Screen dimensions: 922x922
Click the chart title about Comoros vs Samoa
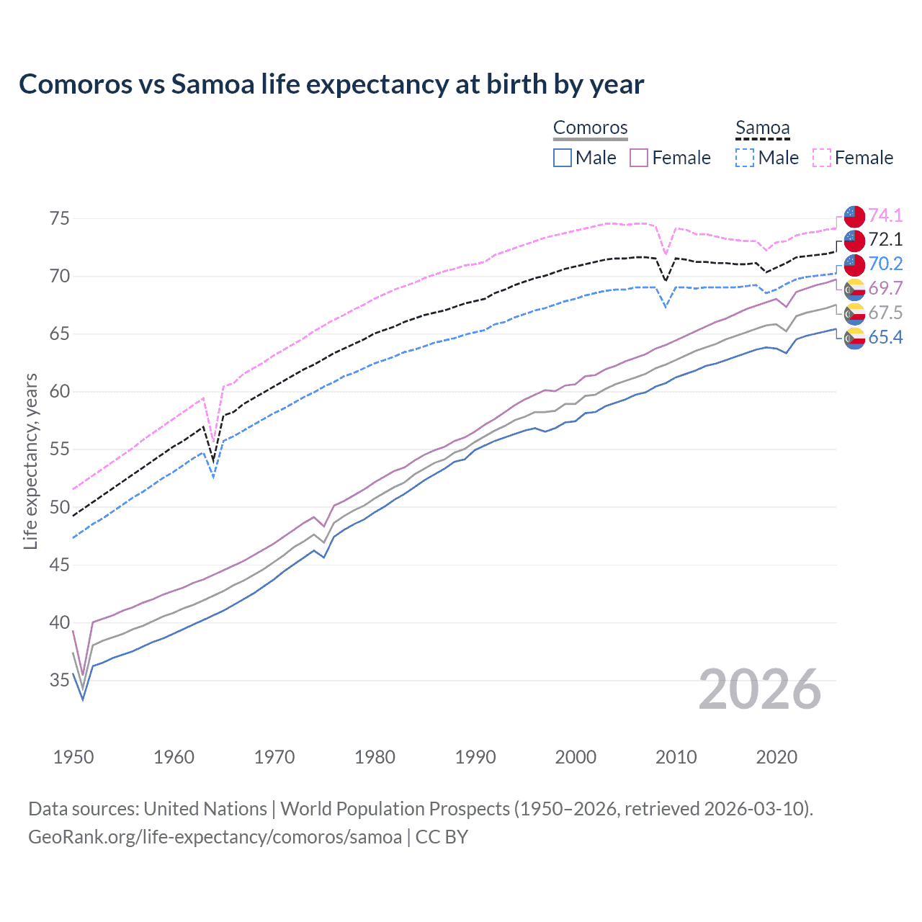point(331,84)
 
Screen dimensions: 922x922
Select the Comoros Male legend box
point(563,158)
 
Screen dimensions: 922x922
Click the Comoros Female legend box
point(639,158)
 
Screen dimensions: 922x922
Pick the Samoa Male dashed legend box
point(745,158)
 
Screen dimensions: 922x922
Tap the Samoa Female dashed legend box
point(822,158)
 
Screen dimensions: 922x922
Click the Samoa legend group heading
point(762,128)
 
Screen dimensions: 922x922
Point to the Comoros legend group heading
point(591,128)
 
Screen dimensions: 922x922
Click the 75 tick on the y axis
point(60,218)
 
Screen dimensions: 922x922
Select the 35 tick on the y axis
point(60,680)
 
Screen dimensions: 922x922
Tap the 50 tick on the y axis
point(60,507)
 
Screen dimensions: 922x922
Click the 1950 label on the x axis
point(73,757)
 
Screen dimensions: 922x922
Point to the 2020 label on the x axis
point(776,757)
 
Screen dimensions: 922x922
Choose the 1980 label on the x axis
point(375,757)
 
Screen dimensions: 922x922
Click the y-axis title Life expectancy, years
point(30,461)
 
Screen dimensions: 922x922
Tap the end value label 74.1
point(885,215)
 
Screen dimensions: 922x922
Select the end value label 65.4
point(885,337)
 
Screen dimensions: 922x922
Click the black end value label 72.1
point(885,240)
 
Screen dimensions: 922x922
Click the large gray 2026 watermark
point(760,689)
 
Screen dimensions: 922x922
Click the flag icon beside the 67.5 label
point(854,313)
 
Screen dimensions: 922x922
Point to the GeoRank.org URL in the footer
point(215,837)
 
